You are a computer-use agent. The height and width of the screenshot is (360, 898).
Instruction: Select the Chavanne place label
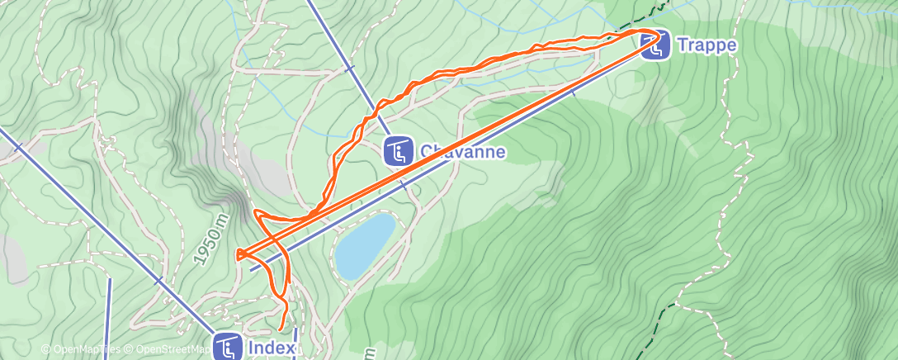[462, 152]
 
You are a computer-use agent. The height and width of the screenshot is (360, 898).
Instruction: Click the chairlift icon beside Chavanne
[399, 151]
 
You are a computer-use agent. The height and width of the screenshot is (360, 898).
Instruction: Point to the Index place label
[271, 348]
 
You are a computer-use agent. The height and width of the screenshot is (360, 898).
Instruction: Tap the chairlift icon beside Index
[227, 347]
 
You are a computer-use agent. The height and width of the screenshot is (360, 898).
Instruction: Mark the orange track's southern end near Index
[283, 329]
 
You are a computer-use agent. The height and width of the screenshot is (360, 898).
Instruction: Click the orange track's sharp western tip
[238, 255]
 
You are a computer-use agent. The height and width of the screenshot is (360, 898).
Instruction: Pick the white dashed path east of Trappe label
[730, 83]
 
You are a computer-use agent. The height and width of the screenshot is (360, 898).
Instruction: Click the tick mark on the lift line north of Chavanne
[350, 69]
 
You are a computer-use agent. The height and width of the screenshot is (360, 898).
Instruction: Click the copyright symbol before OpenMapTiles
[45, 350]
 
